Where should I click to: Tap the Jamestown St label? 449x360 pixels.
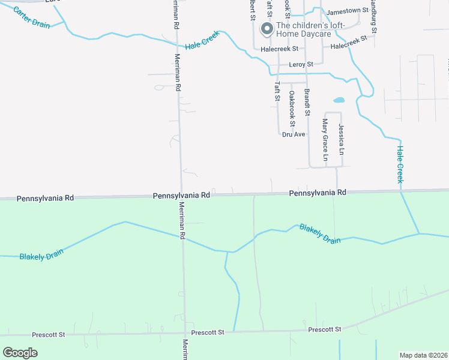[347, 11]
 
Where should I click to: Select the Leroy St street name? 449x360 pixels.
[301, 64]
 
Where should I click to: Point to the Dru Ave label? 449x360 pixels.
[294, 134]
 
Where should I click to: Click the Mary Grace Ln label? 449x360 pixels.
[325, 140]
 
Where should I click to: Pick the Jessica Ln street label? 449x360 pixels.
[342, 140]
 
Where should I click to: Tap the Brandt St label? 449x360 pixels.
[307, 102]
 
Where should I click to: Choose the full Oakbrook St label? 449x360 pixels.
[292, 108]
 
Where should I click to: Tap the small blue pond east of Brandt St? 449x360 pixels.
[339, 100]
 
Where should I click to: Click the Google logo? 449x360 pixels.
[20, 353]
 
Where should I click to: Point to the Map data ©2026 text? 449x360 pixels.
[424, 355]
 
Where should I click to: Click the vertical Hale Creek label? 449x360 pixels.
[400, 164]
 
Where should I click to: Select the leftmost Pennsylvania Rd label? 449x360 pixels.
[45, 197]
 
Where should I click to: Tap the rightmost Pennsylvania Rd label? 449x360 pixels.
[318, 193]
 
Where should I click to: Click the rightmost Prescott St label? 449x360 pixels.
[325, 329]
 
